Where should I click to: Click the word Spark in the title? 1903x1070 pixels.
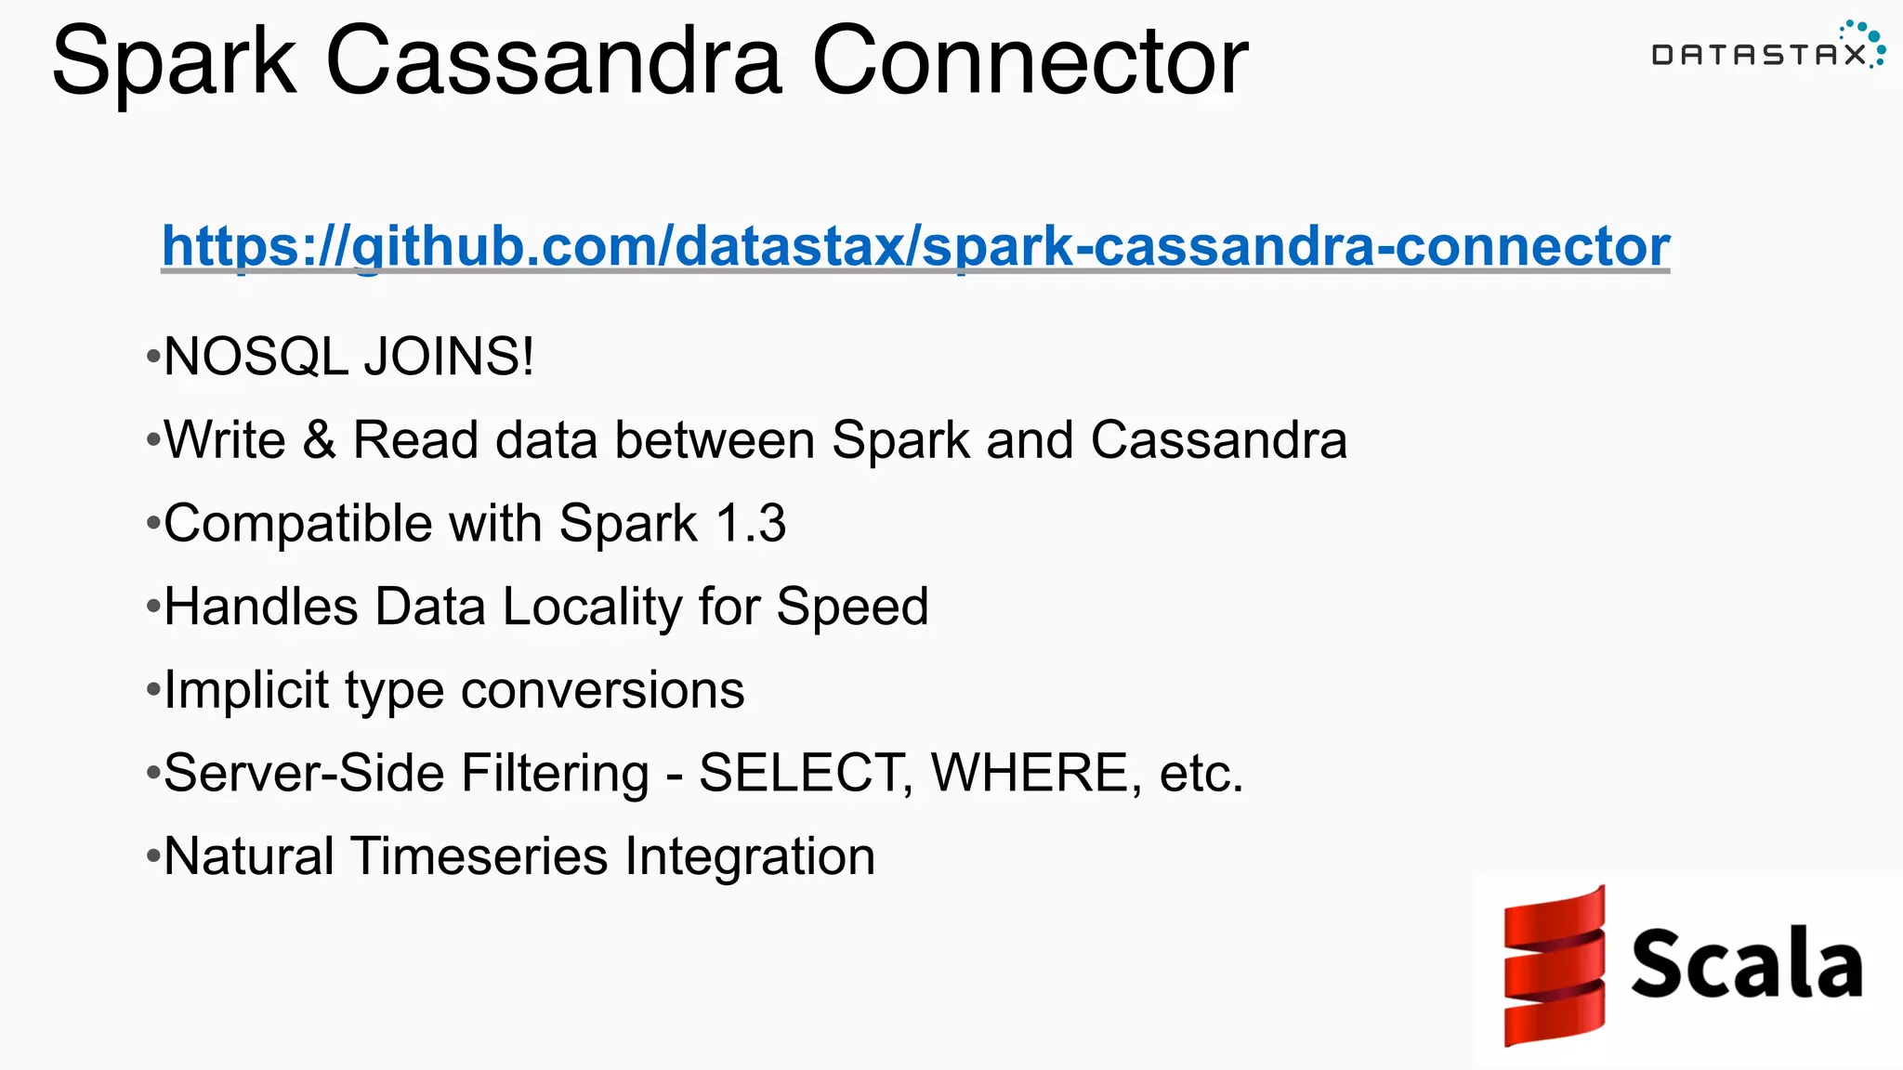coord(174,63)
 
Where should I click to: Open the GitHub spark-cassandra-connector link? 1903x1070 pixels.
coord(915,246)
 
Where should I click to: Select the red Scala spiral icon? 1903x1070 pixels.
coord(1555,966)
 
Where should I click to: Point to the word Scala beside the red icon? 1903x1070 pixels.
coord(1747,964)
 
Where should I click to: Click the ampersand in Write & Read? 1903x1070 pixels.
coord(319,440)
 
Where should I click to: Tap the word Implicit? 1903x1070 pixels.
coord(246,691)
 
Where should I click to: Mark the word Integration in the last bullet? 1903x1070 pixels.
coord(749,857)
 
